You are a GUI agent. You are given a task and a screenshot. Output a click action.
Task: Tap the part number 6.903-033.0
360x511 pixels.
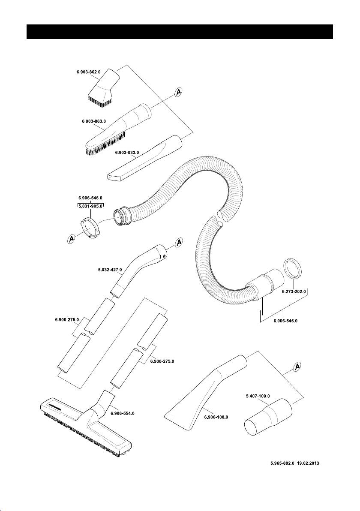129,152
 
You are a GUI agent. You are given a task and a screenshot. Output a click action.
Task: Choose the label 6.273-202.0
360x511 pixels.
294,292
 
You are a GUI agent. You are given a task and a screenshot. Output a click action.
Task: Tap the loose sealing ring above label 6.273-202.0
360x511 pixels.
294,269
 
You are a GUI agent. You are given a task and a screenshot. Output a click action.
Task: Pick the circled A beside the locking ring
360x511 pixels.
72,239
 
